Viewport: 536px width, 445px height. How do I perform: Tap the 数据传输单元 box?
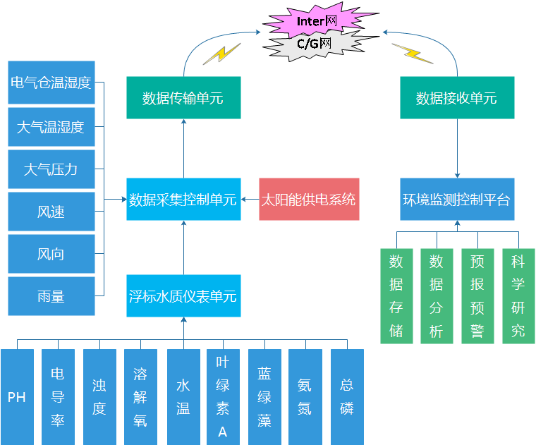(183, 97)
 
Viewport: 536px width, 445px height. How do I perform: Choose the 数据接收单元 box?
(456, 97)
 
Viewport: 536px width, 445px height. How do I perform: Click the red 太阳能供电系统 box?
(309, 199)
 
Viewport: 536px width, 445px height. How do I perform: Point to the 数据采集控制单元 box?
(183, 199)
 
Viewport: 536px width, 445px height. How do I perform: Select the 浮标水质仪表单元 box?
(183, 295)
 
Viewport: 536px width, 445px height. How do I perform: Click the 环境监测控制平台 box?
(456, 199)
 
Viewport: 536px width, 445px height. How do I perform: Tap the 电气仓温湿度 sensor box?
(51, 83)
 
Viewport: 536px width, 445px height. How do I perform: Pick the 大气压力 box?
(51, 169)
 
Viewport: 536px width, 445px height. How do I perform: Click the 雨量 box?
(51, 296)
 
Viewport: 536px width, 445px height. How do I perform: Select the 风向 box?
(51, 254)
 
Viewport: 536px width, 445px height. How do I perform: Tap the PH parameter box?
(17, 396)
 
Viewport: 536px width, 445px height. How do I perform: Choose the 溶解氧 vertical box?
(140, 396)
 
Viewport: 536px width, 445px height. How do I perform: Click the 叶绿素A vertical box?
(223, 396)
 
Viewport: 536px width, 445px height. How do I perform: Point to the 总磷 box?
(347, 396)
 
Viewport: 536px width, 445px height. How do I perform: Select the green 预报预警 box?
(477, 295)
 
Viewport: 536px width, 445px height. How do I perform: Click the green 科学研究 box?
(518, 295)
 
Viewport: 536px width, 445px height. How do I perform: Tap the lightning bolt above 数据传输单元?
(221, 54)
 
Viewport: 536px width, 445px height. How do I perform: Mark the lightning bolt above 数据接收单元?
(413, 53)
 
